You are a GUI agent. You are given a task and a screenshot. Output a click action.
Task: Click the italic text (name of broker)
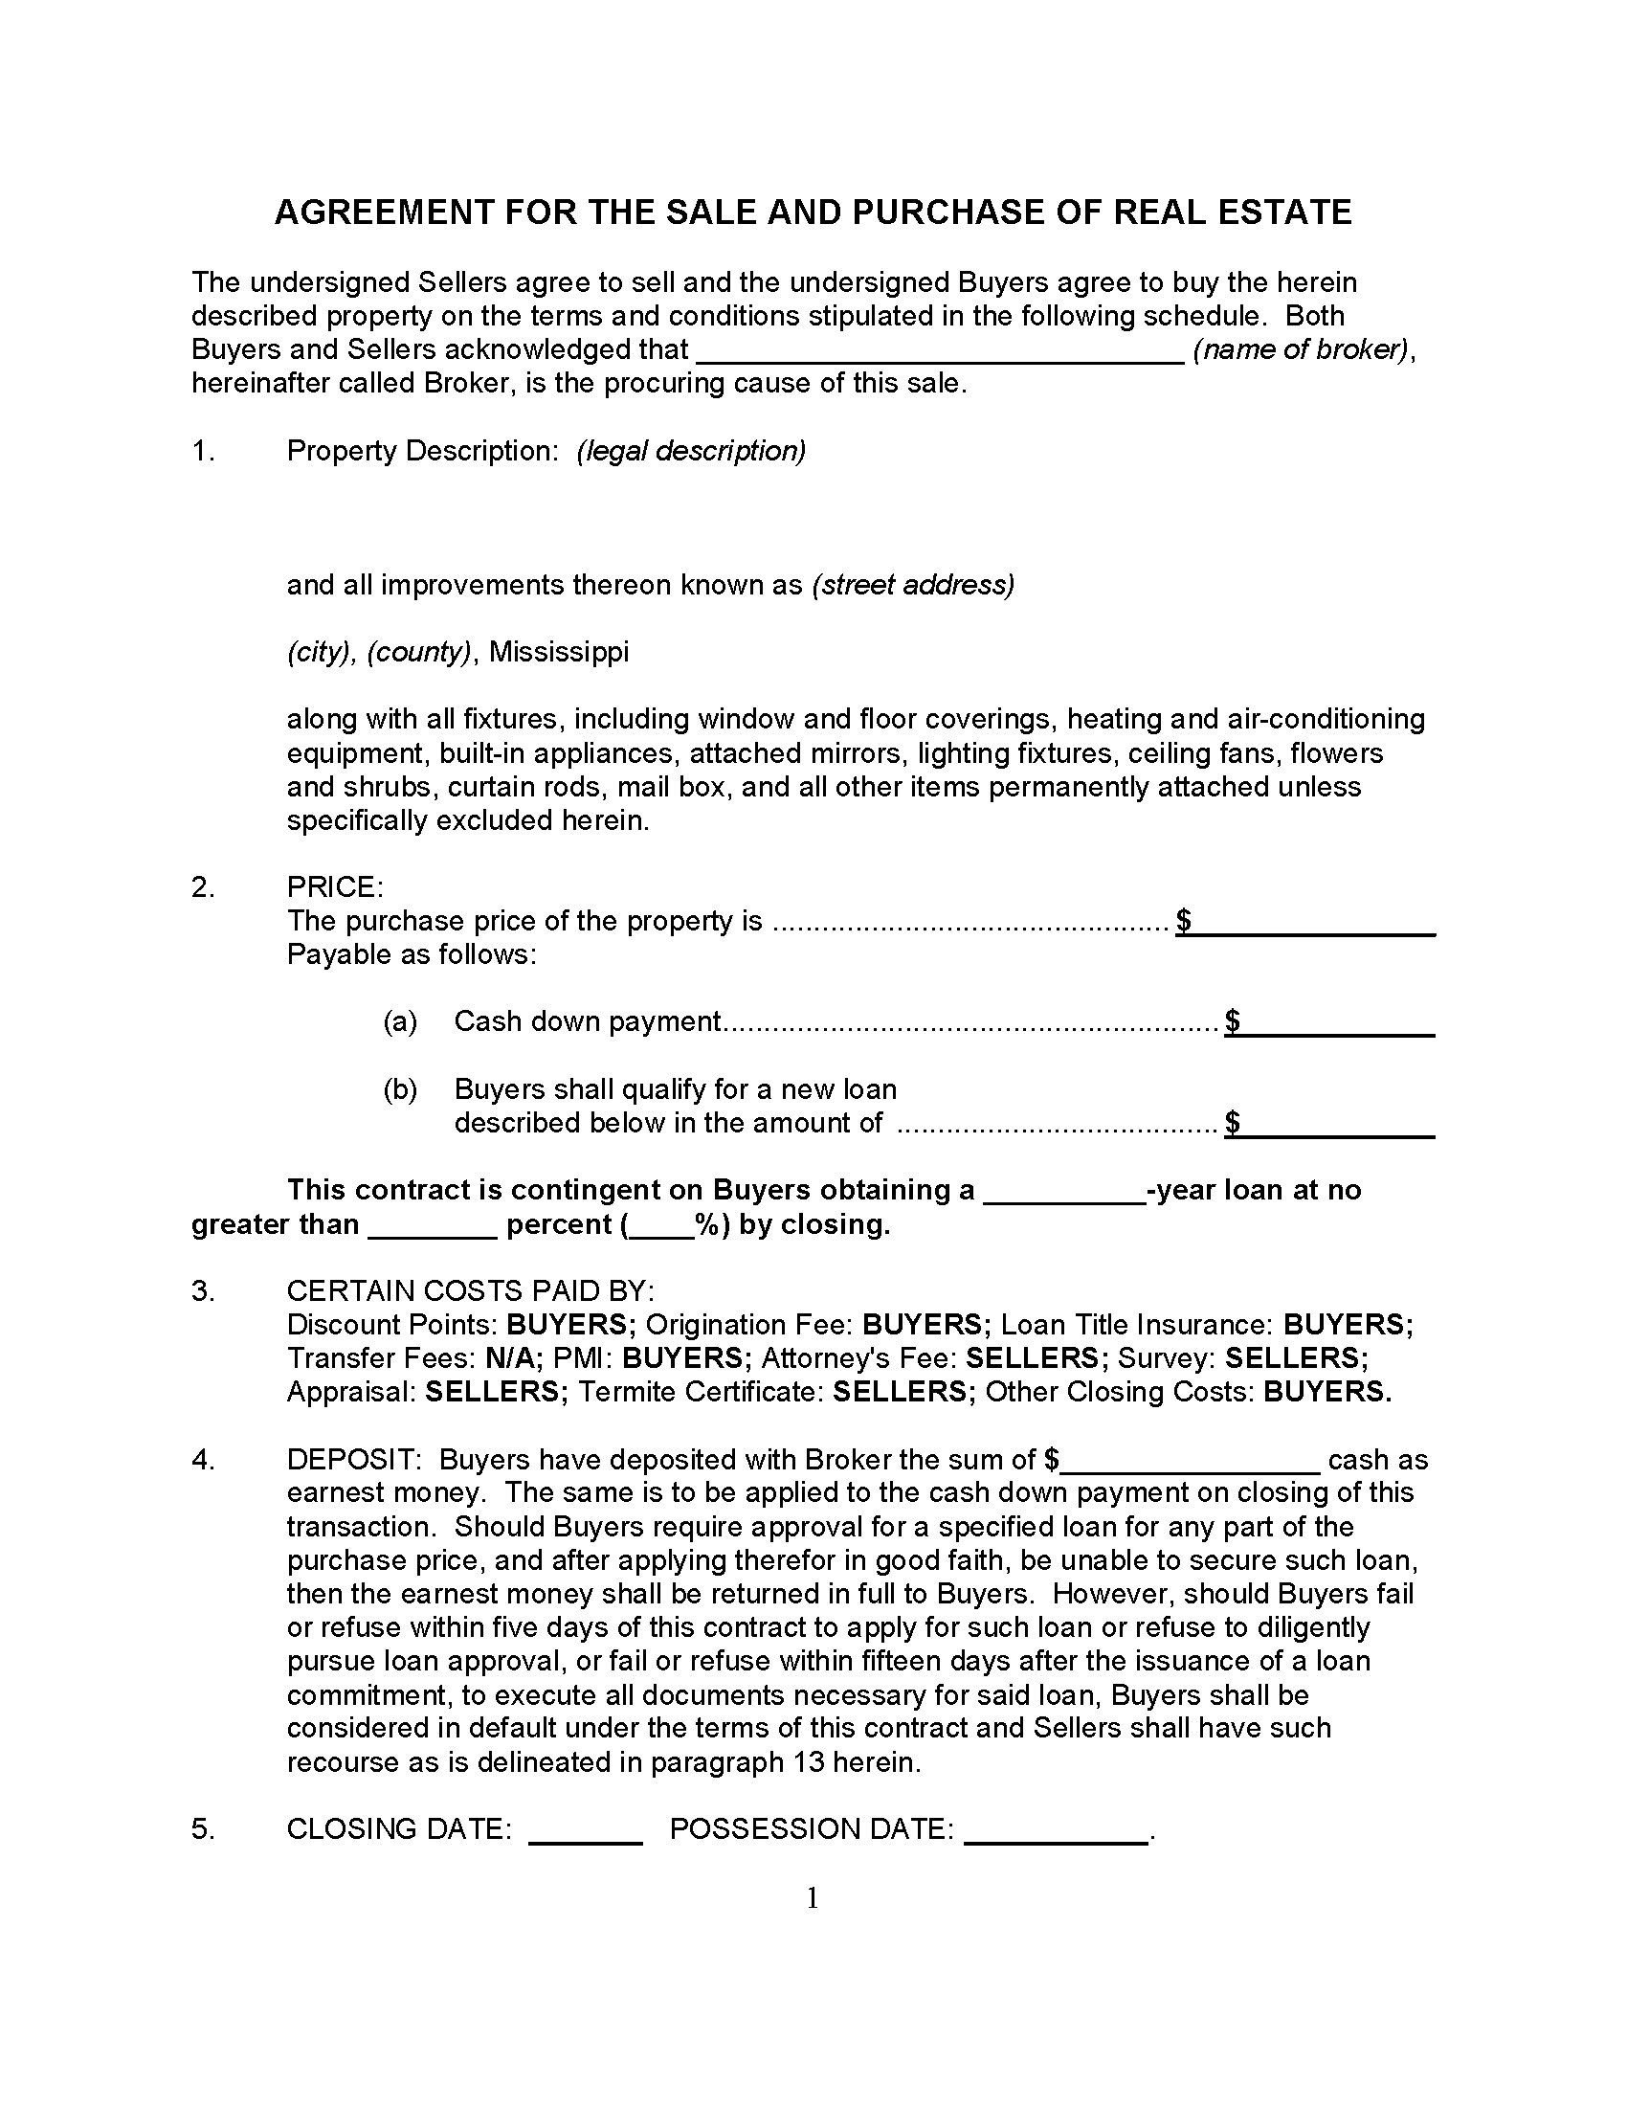point(1302,349)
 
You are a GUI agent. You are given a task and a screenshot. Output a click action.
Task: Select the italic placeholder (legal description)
point(691,450)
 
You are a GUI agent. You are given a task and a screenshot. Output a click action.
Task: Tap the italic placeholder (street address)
point(914,585)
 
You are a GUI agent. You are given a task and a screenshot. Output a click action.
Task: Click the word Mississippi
point(559,652)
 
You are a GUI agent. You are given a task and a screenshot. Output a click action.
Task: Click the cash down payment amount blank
point(1338,1024)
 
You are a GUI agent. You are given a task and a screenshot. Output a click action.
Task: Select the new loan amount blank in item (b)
point(1338,1126)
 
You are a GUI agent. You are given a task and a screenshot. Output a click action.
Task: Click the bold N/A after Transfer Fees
point(514,1357)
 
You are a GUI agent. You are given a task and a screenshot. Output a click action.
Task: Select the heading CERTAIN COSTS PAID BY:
point(470,1290)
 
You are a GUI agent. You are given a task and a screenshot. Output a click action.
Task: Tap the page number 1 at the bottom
point(813,1899)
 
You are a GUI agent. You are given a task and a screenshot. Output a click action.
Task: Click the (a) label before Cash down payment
point(400,1021)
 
